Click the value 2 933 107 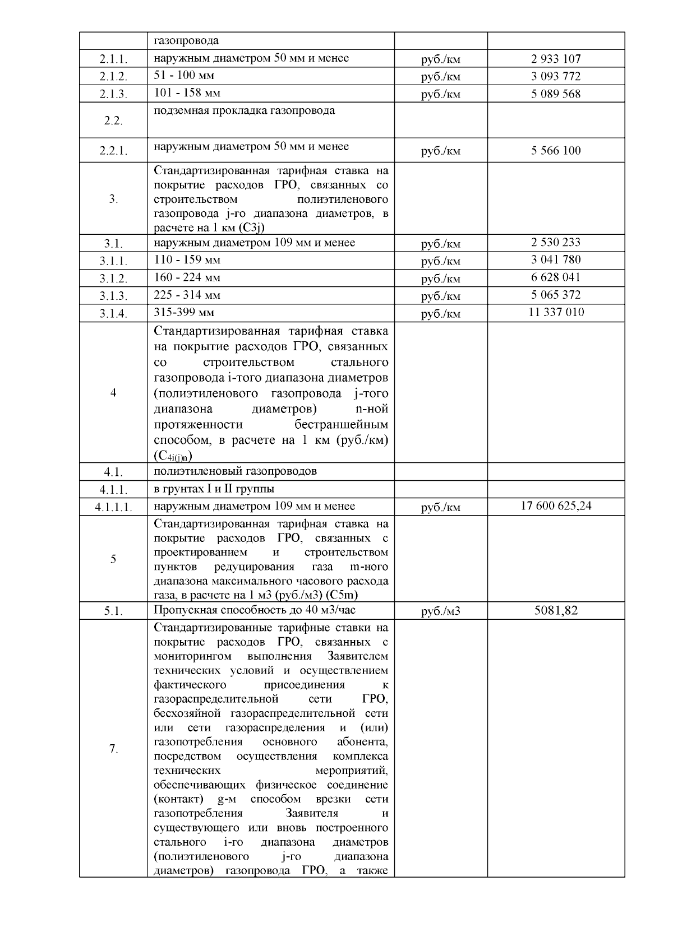(x=556, y=59)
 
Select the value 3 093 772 (x=556, y=76)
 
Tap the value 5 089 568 (x=556, y=94)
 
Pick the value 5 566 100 (x=556, y=150)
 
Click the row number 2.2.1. (x=113, y=151)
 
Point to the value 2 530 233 (x=556, y=242)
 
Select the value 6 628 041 (x=556, y=277)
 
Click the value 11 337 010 (x=556, y=312)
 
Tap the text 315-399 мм (x=184, y=312)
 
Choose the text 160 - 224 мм (x=187, y=277)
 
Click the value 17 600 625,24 (x=556, y=506)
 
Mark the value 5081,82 (x=556, y=610)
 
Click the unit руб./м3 (x=440, y=611)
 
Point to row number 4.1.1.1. (x=113, y=507)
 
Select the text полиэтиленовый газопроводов (x=235, y=471)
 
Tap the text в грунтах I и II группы (x=214, y=489)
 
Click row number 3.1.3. (x=113, y=296)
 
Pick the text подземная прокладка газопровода (x=245, y=110)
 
